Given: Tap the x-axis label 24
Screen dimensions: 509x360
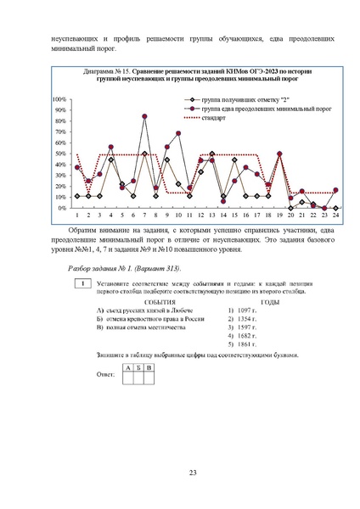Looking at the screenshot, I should (336, 215).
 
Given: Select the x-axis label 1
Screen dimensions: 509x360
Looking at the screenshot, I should (77, 215).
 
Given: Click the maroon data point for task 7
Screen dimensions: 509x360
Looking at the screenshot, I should (144, 116).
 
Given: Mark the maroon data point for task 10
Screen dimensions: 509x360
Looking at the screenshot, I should (178, 133).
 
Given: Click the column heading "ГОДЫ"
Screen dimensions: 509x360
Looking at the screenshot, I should (271, 302).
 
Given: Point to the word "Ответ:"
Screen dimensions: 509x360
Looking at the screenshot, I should (106, 372).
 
